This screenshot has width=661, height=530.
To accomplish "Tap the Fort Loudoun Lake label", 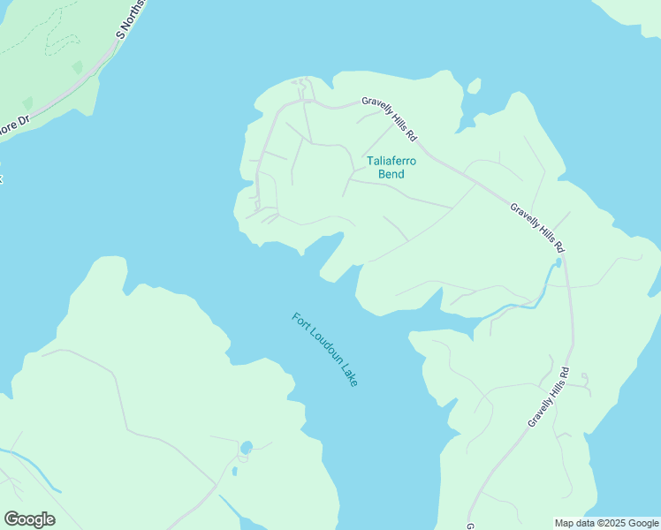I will click(324, 350).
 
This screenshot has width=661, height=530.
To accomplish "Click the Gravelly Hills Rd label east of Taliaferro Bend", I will click(536, 228).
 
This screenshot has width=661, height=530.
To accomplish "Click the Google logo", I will click(29, 519).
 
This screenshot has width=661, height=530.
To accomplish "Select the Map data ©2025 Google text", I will click(607, 523).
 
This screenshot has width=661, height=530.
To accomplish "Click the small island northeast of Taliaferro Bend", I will click(475, 86).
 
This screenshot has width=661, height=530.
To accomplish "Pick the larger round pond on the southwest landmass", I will click(246, 448).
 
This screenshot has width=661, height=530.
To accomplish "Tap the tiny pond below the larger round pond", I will click(234, 471).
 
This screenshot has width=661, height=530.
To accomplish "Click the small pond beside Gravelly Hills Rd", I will click(558, 263).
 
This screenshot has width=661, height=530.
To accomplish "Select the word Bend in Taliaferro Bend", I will click(391, 174).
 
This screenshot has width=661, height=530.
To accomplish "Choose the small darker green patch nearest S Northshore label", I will click(77, 67).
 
